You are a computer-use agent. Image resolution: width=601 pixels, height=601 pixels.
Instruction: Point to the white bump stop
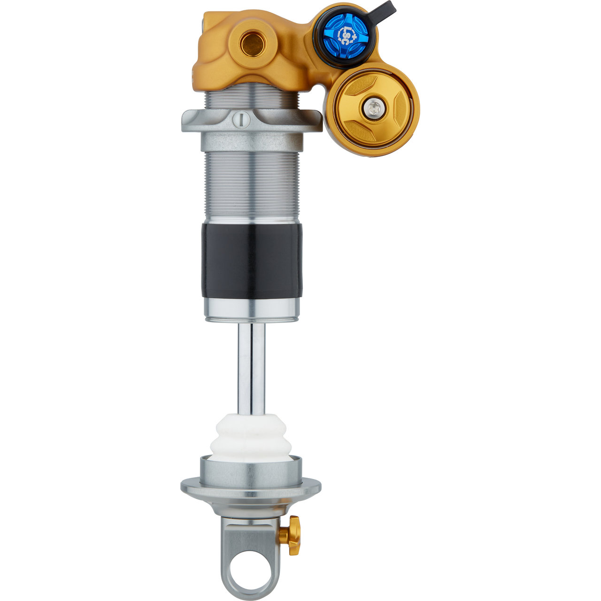(x=251, y=438)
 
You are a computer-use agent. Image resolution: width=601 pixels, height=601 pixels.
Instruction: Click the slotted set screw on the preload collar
(x=241, y=120)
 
